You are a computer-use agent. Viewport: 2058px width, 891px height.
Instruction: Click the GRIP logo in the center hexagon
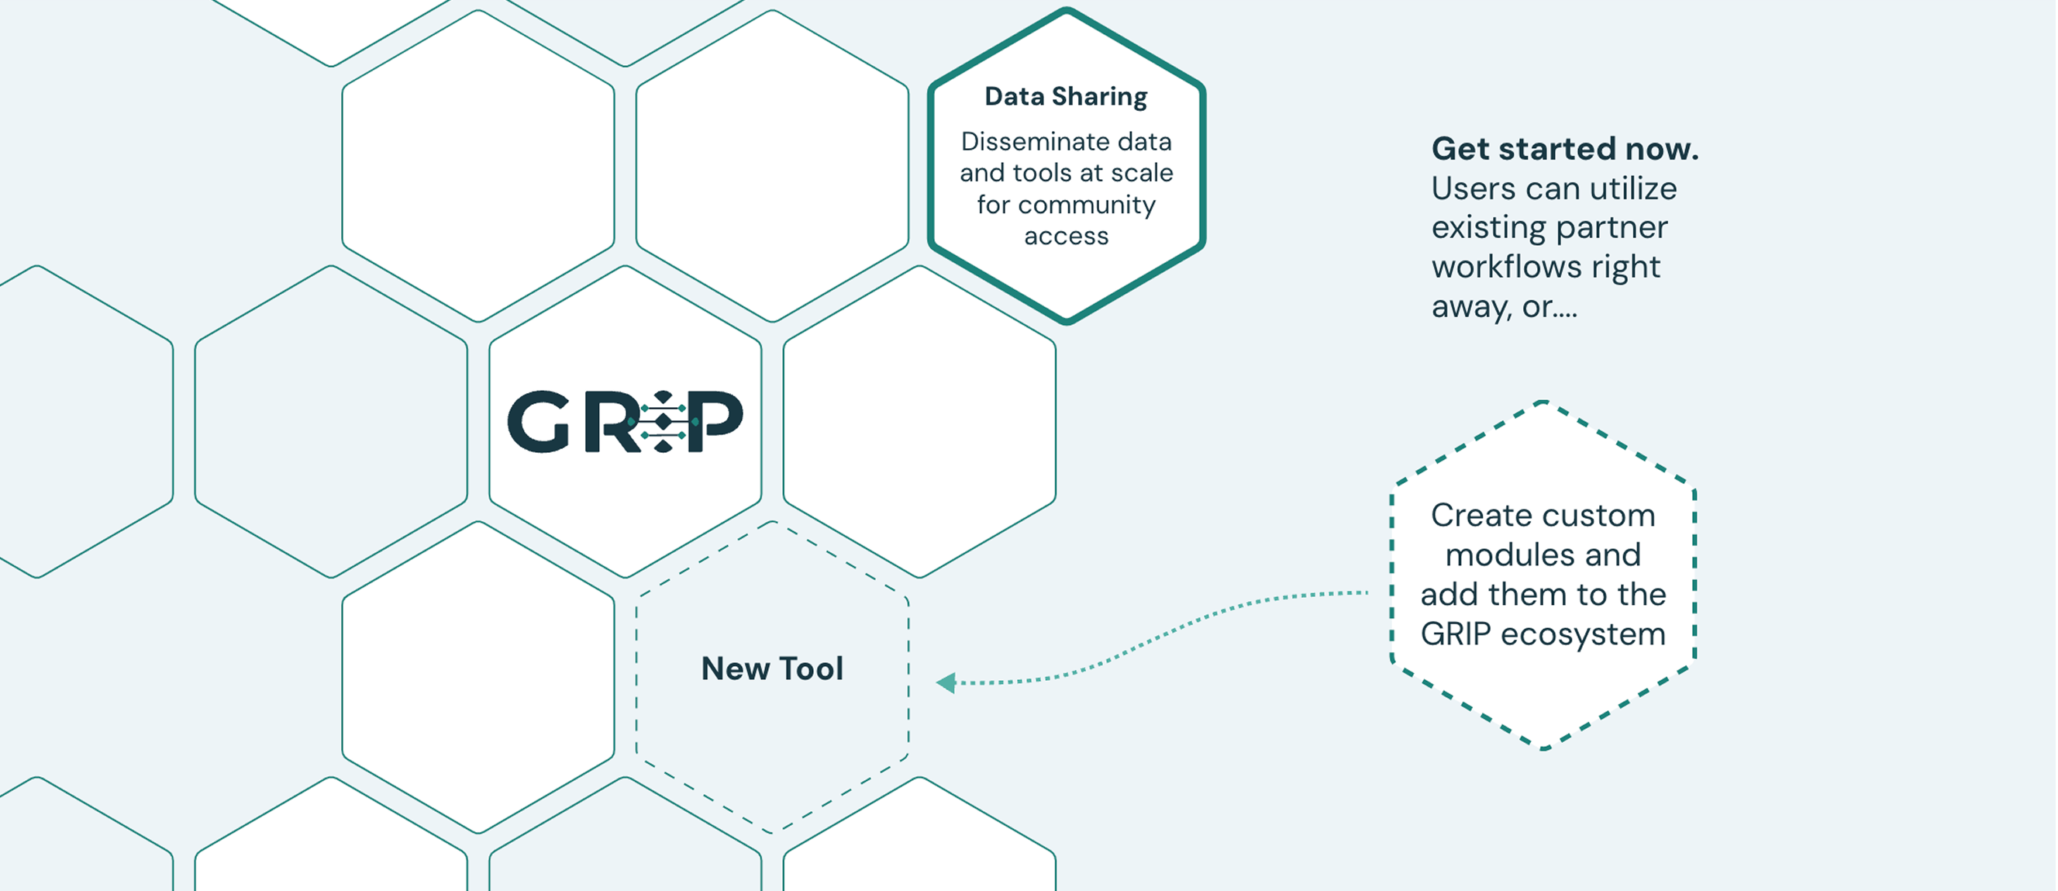(625, 421)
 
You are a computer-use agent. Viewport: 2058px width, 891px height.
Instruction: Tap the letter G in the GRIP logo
(538, 422)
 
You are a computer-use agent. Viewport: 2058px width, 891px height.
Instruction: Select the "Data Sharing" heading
(1066, 97)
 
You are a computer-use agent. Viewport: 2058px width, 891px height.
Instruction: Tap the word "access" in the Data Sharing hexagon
(1066, 237)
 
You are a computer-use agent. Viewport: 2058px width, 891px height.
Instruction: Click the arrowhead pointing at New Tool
(946, 682)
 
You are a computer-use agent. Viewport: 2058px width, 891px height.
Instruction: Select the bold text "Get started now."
(1564, 149)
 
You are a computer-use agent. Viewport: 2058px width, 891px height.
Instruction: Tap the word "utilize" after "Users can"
(1633, 188)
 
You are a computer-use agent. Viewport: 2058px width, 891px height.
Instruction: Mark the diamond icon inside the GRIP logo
(662, 421)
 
